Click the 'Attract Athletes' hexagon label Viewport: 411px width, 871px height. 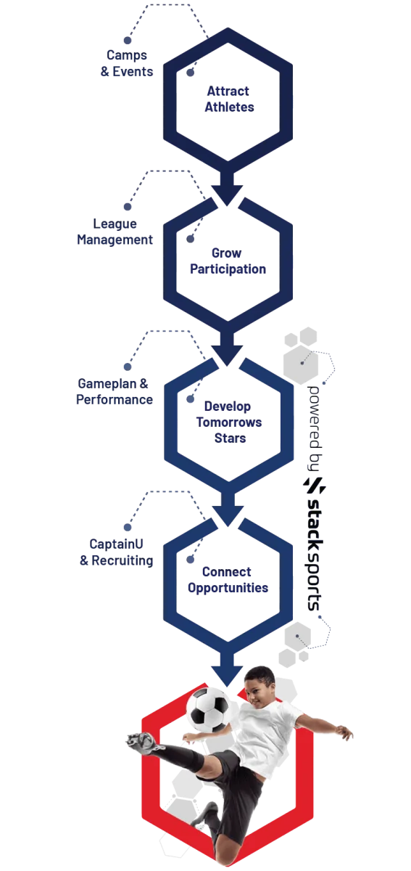coord(229,99)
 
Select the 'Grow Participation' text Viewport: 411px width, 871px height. coord(228,261)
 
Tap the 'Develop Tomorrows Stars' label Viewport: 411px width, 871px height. coord(229,422)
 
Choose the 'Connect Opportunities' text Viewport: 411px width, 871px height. coord(228,579)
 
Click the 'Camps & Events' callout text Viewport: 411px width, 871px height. coord(127,63)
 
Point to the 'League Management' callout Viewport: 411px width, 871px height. coord(115,232)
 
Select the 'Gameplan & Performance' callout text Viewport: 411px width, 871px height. coord(115,391)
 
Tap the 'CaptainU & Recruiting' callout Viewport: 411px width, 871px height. coord(116,552)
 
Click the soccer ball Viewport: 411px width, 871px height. coord(207,709)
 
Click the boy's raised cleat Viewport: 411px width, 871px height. coord(142,742)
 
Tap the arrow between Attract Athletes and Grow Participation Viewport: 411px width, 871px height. coord(228,188)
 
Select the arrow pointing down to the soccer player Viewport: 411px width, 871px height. coord(228,669)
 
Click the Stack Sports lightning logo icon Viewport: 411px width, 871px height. coord(315,486)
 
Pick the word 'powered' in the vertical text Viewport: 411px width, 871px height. coord(313,417)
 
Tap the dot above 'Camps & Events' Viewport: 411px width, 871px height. coord(128,40)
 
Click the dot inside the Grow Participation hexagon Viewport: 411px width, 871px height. coord(191,239)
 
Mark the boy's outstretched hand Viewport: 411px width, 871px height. coord(344,732)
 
